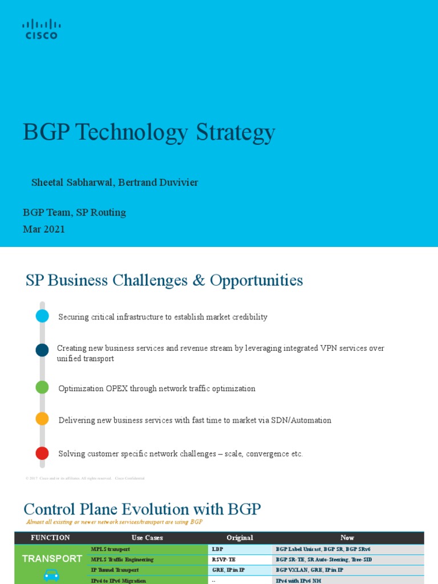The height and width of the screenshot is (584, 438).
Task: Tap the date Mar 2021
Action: tap(44, 229)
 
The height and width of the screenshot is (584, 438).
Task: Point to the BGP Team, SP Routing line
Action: tap(74, 213)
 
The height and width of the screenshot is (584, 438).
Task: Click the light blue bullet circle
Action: tap(42, 316)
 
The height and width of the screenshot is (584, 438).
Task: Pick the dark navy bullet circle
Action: tap(42, 350)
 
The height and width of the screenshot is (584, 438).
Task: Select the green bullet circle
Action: tap(42, 387)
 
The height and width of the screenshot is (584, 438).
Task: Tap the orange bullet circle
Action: tap(42, 419)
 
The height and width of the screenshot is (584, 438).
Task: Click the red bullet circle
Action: tap(42, 453)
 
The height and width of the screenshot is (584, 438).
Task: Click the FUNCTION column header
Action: tap(51, 538)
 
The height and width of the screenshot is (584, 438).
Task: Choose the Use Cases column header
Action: tap(147, 538)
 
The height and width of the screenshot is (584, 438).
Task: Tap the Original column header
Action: tap(240, 538)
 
